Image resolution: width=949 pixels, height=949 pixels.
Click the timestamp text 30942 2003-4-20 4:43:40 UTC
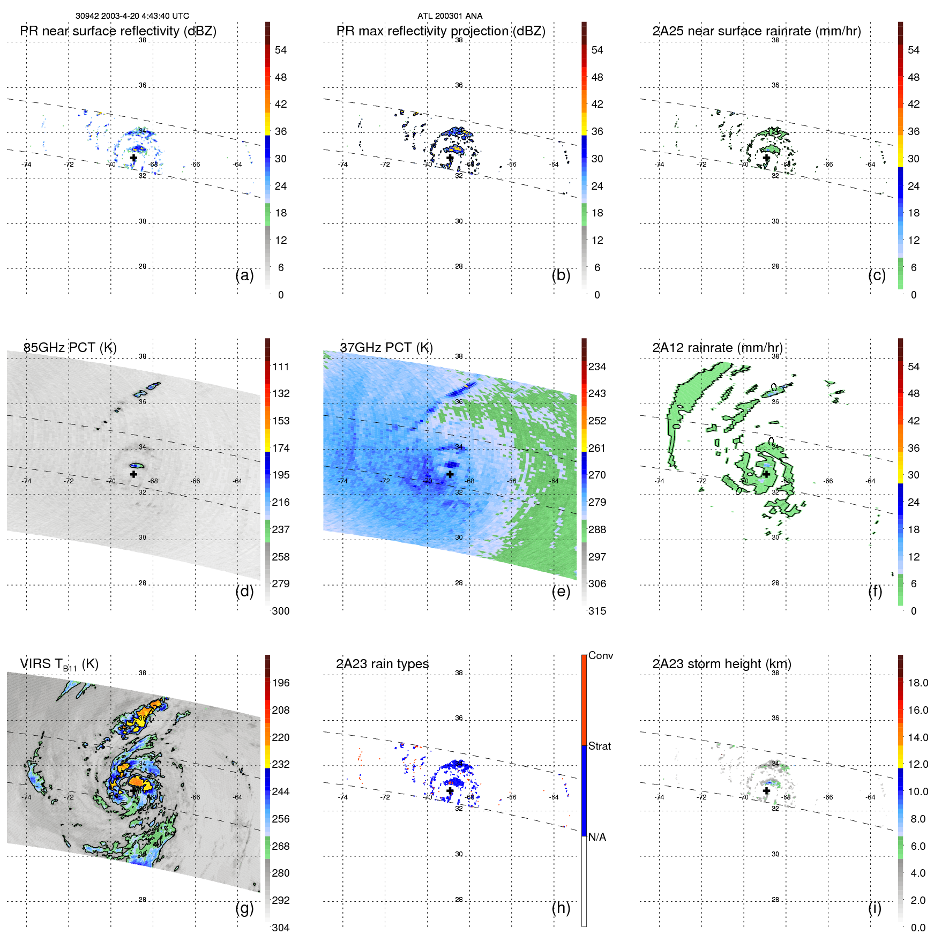click(x=132, y=16)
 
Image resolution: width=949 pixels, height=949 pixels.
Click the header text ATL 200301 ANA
click(x=450, y=16)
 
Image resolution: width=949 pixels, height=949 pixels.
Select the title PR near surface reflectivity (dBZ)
click(x=118, y=31)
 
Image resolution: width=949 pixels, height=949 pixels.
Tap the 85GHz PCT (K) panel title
click(x=70, y=348)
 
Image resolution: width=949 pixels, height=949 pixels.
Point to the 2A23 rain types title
click(x=382, y=664)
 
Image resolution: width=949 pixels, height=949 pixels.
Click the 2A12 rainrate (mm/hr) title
click(x=717, y=348)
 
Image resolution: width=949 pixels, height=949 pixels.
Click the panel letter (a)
click(x=244, y=275)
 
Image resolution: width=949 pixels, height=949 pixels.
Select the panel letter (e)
click(x=561, y=591)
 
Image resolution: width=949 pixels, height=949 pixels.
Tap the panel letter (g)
click(x=244, y=908)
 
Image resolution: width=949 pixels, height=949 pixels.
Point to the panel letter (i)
click(x=875, y=908)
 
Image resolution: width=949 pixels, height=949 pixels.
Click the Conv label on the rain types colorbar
click(x=601, y=655)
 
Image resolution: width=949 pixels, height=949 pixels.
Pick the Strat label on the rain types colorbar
click(x=600, y=746)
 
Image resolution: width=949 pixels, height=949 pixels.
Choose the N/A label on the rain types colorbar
click(x=597, y=837)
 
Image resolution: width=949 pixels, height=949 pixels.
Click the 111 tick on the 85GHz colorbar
click(x=281, y=367)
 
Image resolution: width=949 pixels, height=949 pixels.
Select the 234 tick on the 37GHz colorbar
click(x=597, y=367)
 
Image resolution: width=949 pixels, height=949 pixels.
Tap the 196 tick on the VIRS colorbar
click(x=281, y=683)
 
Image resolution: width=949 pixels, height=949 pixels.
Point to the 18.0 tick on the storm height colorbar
click(x=918, y=683)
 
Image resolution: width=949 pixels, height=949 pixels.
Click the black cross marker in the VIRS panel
click(x=133, y=790)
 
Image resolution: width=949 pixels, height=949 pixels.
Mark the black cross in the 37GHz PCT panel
click(x=450, y=474)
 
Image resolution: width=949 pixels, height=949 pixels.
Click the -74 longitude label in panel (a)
click(x=26, y=165)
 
